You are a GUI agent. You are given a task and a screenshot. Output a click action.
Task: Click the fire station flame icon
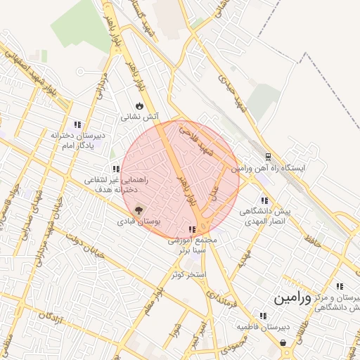coord(139,105)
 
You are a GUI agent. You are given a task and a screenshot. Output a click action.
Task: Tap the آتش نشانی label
coord(139,117)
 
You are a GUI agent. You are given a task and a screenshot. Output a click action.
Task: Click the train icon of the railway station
coord(268,157)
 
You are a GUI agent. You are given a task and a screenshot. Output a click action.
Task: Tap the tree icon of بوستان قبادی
coord(138,210)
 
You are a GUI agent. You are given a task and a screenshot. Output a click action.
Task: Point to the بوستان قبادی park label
coord(139,221)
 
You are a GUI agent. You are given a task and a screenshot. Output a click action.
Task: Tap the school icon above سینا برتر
coord(192,229)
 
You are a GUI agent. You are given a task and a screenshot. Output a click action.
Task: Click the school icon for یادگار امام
coord(78,124)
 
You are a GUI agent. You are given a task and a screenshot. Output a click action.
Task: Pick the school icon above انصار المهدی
coord(264,200)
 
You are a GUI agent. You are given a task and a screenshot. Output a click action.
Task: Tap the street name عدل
coord(215,189)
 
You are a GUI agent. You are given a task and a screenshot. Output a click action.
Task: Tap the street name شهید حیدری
coord(233,91)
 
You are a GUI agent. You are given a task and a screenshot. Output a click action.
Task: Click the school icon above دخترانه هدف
coord(116,169)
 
